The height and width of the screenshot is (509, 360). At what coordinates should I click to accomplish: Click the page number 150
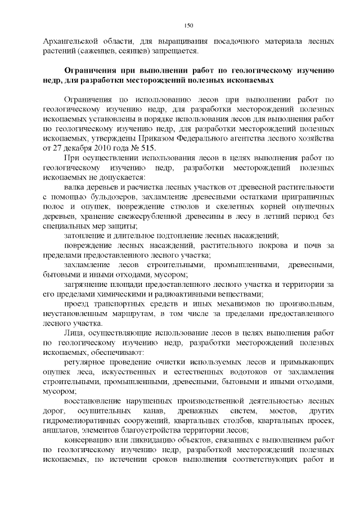point(189,25)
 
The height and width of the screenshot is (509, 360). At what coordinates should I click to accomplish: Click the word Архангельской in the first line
point(71,42)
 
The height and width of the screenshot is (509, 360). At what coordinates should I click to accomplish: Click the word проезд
point(76,304)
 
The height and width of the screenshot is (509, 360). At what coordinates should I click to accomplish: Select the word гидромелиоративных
point(85,421)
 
